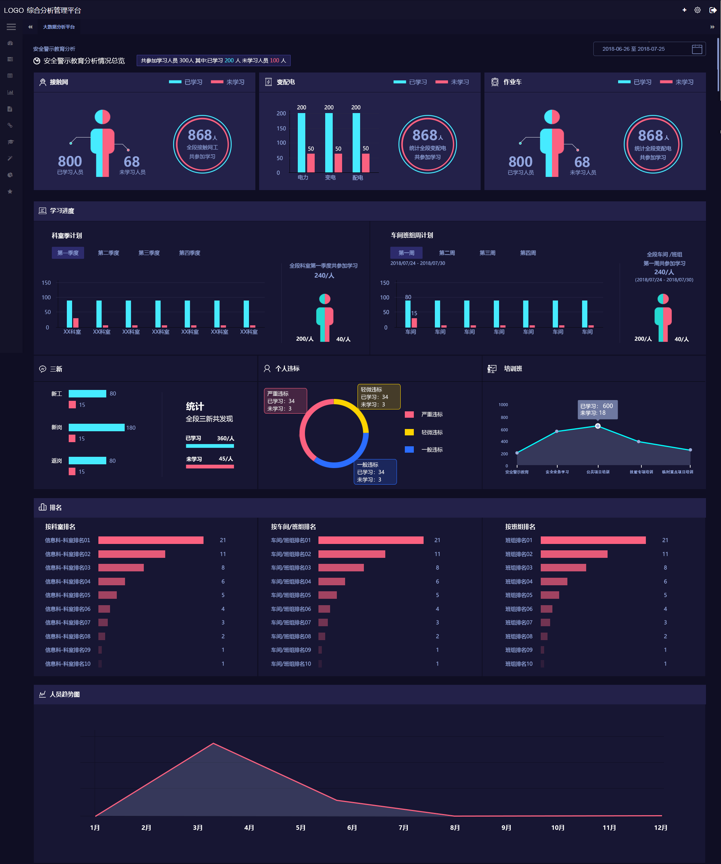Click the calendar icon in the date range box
[697, 49]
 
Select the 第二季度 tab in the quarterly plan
[109, 252]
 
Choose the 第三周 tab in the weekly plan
[487, 252]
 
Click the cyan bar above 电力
[302, 142]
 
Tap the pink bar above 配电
[366, 163]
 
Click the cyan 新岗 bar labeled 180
[97, 427]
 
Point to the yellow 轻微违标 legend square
[409, 432]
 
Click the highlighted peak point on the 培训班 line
[597, 426]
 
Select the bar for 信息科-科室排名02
[131, 554]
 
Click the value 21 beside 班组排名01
[665, 540]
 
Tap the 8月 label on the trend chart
[455, 828]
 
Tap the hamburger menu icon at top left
[11, 27]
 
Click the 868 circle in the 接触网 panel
[202, 144]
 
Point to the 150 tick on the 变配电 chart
[281, 128]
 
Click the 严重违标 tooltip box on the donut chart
[285, 401]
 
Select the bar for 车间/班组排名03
[341, 567]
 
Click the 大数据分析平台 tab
[59, 27]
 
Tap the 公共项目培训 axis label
[597, 472]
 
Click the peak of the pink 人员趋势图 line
[213, 743]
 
